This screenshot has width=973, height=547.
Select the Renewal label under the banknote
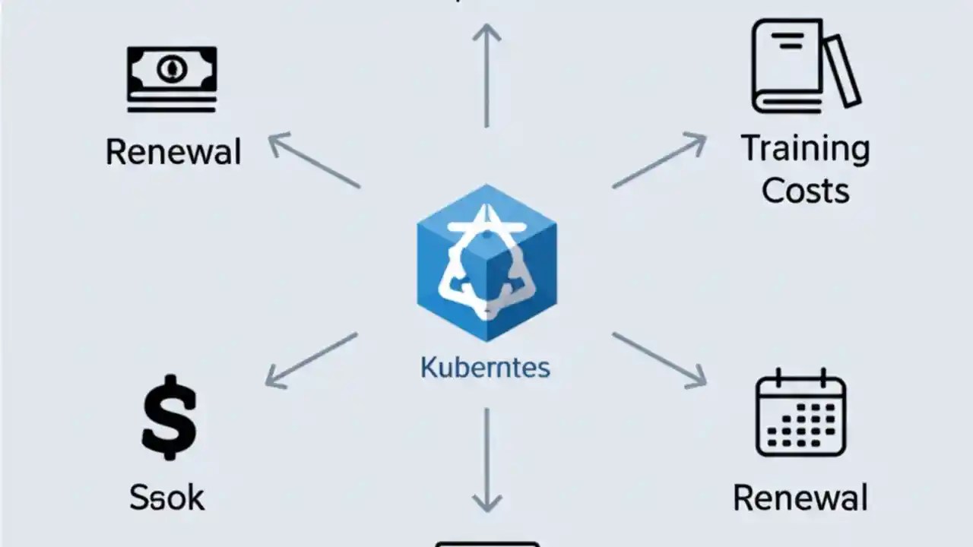click(x=173, y=152)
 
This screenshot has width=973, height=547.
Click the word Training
click(x=805, y=148)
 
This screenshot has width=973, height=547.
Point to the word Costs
click(x=805, y=190)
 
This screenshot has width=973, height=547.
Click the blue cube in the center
click(x=486, y=262)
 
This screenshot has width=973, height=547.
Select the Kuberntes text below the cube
click(x=485, y=368)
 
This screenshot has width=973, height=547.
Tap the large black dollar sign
click(x=169, y=419)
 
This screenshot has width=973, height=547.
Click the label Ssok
click(x=166, y=498)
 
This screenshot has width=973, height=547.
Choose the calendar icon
click(x=800, y=413)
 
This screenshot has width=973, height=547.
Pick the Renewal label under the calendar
click(x=800, y=498)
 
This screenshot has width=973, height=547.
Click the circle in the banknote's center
click(x=172, y=71)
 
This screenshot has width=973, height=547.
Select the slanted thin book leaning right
click(x=842, y=70)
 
